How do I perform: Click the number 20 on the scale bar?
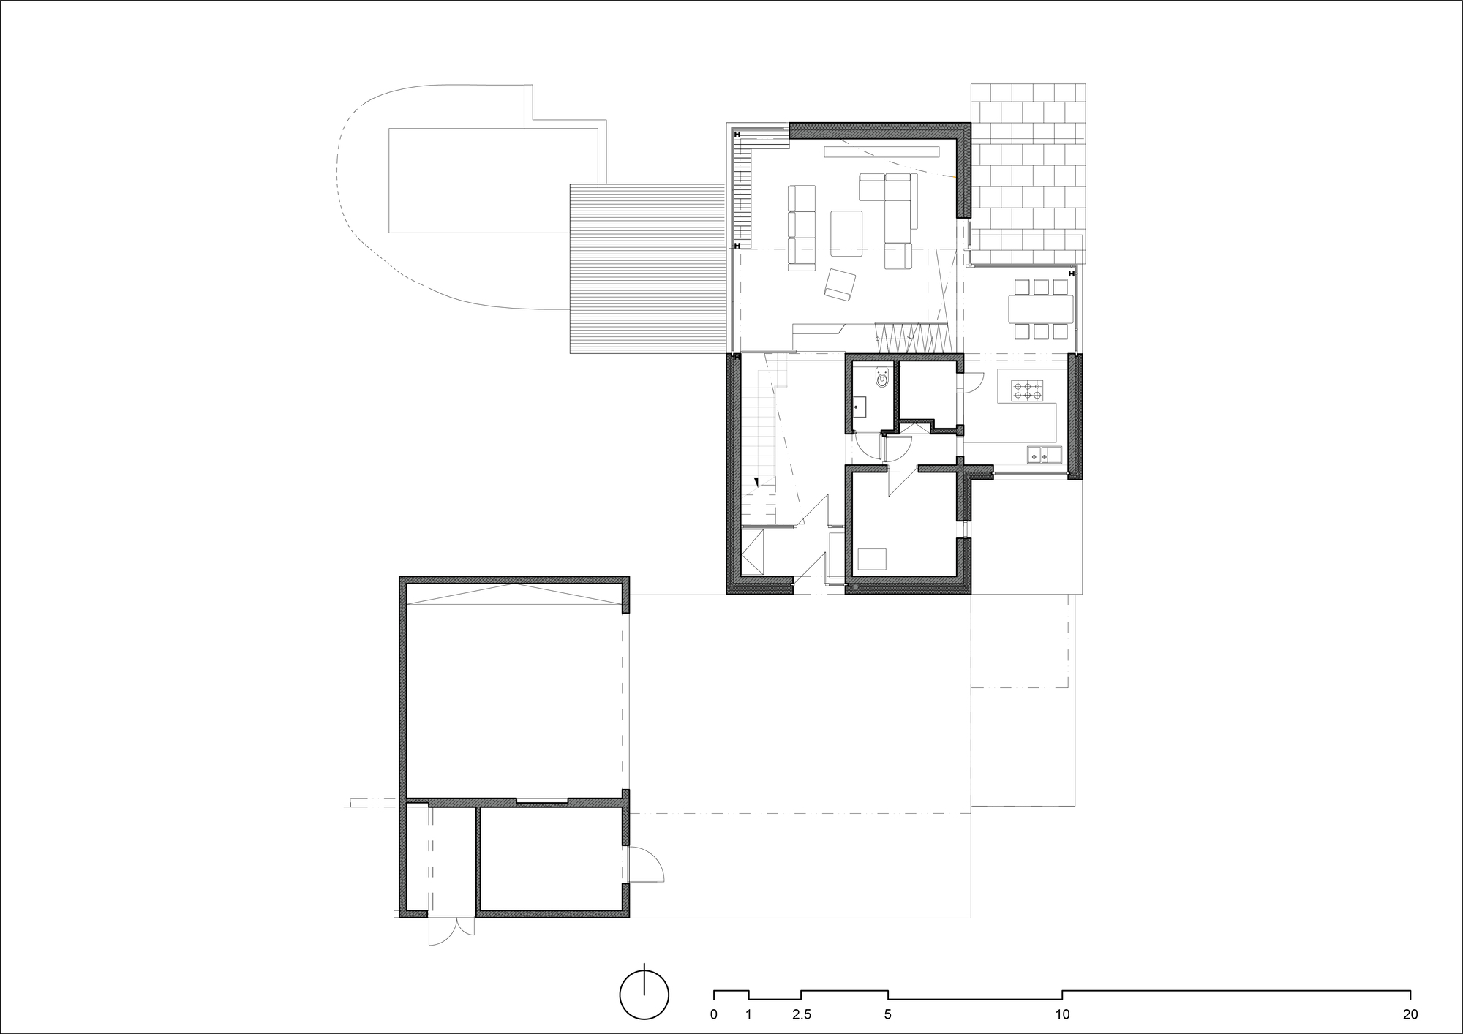pos(1410,1014)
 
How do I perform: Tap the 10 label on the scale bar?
pos(1062,1014)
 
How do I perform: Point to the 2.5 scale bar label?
pos(801,1014)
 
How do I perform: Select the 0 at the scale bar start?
pos(713,1014)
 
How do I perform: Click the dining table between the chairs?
pos(1041,309)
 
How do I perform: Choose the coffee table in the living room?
pos(846,233)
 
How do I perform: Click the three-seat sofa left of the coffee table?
pos(802,228)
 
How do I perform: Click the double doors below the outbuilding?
pos(451,930)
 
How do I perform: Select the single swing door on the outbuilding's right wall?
pos(645,865)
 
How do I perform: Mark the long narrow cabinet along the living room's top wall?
pos(881,152)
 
